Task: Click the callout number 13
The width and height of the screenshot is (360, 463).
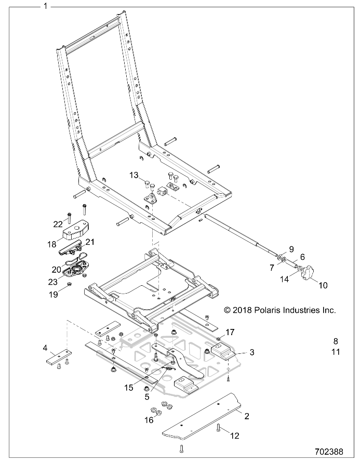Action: tap(134, 175)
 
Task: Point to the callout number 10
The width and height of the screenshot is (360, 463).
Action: tap(323, 285)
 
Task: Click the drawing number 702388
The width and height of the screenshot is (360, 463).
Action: tap(329, 452)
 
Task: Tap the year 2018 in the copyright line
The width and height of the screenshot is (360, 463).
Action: tap(242, 310)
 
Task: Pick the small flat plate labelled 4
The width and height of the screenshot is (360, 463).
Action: tap(59, 355)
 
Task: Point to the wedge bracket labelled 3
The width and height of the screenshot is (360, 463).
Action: tap(223, 352)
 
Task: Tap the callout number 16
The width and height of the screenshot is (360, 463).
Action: tap(149, 419)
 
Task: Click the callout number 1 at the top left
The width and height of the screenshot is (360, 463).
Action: tap(45, 6)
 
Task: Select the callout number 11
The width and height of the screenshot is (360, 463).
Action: tap(336, 352)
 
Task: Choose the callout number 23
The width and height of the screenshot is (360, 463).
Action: tap(53, 282)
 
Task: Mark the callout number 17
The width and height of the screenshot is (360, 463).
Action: tap(230, 333)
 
